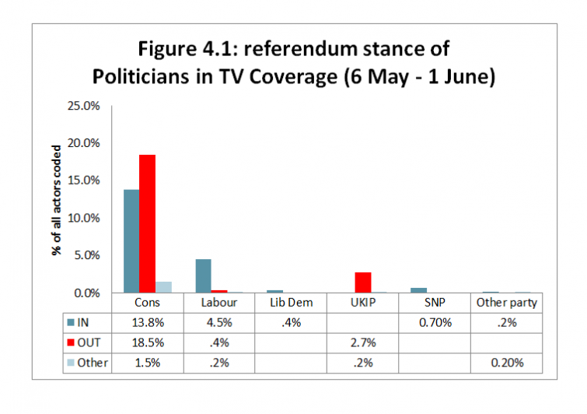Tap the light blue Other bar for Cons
click(x=163, y=287)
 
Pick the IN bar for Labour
click(x=203, y=276)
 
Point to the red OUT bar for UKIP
click(x=362, y=282)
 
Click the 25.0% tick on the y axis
click(x=86, y=106)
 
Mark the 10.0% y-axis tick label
click(x=86, y=218)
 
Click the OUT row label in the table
click(x=92, y=342)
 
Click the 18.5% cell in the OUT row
click(x=147, y=342)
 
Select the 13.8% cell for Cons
click(x=147, y=322)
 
